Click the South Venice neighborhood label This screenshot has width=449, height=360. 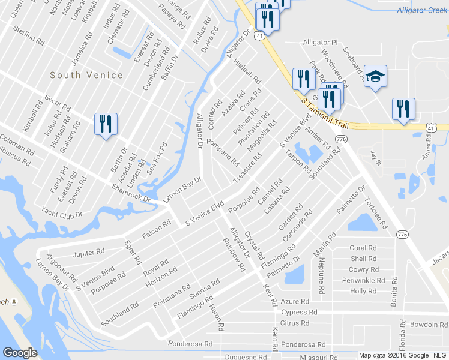(86, 75)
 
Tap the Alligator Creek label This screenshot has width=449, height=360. (423, 10)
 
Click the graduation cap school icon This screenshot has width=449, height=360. (375, 76)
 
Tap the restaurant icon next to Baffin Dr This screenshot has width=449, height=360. (106, 124)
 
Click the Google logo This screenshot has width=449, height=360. (20, 353)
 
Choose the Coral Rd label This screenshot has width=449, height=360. (363, 248)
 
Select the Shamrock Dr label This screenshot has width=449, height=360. (130, 193)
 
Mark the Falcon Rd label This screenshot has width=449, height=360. (157, 230)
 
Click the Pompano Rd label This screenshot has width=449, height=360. (223, 152)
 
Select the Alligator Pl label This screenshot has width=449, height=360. (321, 43)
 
